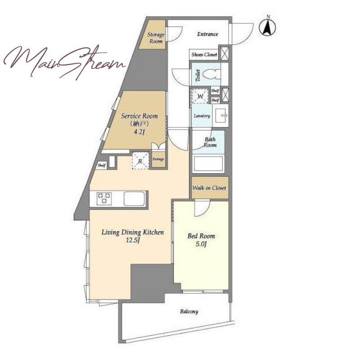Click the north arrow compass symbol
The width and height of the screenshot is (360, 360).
267,27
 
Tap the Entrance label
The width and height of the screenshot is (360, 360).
207,34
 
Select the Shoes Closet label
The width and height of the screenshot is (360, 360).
204,54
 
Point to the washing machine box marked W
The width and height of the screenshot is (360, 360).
200,95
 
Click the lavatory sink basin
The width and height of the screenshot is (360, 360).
220,115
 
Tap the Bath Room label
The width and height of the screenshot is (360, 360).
210,142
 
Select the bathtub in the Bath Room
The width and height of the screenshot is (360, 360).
208,164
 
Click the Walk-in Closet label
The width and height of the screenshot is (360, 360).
209,188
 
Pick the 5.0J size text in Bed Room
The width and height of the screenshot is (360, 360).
201,244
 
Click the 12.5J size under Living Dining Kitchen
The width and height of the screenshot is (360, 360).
133,240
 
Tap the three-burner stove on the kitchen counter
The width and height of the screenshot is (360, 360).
104,198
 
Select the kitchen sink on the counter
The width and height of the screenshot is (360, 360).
134,198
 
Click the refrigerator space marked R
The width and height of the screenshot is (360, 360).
140,160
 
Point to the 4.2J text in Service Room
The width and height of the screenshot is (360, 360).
139,132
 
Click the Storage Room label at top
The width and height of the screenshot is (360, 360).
156,38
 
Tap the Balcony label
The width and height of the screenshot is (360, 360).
189,311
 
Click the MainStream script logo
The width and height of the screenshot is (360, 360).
64,61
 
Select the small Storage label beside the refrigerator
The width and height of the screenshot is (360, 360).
158,159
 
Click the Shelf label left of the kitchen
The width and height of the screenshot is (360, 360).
102,165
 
